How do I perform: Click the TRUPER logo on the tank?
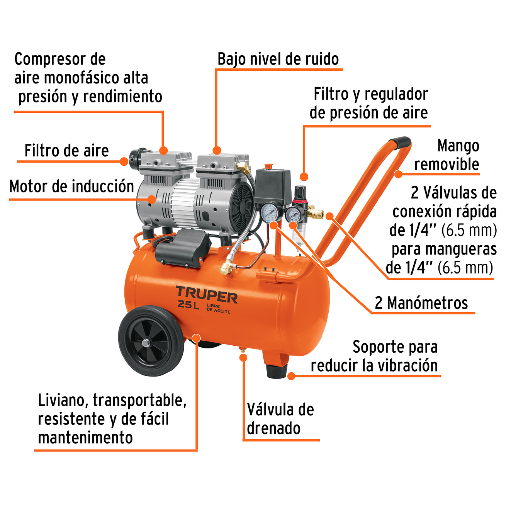(207, 295)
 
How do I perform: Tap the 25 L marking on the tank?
(188, 305)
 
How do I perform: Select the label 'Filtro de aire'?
(66, 151)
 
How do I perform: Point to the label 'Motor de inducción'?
(71, 187)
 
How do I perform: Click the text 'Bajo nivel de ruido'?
(278, 59)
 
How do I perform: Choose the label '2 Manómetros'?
(421, 303)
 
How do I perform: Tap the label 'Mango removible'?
(452, 155)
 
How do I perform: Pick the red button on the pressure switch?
(268, 166)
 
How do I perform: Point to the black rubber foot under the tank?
(277, 371)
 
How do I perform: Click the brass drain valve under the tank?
(243, 351)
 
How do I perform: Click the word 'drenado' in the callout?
(273, 428)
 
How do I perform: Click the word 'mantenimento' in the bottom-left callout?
(85, 438)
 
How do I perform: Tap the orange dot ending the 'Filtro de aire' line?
(124, 161)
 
